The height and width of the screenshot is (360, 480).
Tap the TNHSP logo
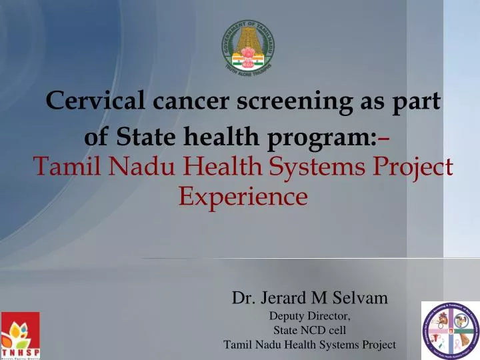20,335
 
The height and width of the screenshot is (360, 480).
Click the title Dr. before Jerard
243,298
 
